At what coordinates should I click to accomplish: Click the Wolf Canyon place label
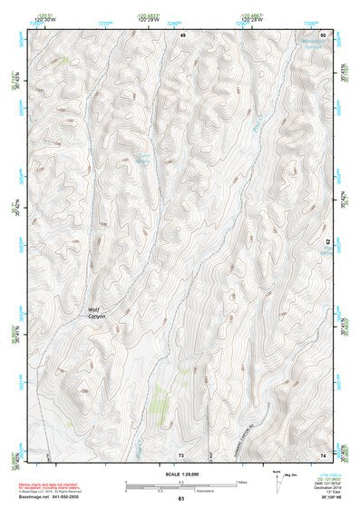97,312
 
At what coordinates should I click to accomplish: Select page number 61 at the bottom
180,498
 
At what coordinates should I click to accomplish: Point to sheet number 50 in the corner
324,34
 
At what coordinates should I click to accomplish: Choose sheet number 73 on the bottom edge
180,453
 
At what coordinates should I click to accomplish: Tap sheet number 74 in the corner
324,453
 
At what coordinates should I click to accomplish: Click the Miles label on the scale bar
239,481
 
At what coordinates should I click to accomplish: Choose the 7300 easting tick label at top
312,23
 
